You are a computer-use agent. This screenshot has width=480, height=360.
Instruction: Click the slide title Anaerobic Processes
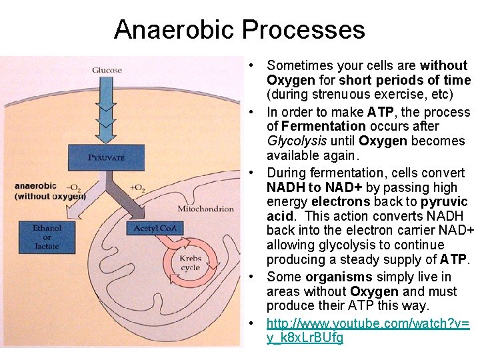[239, 30]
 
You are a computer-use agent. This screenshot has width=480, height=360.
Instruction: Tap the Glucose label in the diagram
[107, 70]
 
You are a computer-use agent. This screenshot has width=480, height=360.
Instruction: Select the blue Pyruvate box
[106, 158]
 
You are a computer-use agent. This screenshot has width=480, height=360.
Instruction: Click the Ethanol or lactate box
[47, 237]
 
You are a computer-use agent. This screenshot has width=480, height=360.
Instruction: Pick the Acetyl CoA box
[154, 229]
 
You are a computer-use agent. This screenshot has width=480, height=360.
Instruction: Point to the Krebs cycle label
[190, 263]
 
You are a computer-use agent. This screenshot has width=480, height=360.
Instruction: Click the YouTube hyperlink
[367, 331]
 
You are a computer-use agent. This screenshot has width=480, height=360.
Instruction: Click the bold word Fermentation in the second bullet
[323, 126]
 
